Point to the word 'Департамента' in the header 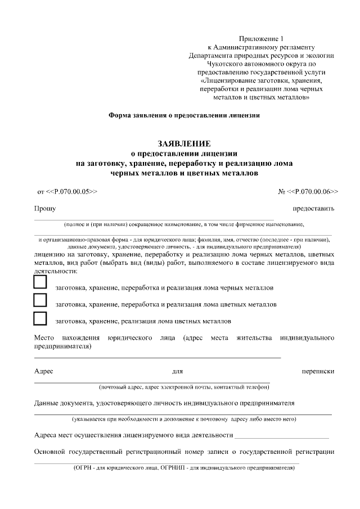point(211,55)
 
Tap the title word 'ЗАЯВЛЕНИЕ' point(183,143)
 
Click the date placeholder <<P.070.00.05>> point(72,191)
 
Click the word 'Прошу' point(44,209)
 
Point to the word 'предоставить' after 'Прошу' point(313,209)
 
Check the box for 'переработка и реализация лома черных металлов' point(40,282)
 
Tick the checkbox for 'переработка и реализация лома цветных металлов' point(40,300)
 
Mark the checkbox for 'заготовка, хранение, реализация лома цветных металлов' point(40,318)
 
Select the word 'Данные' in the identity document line point(47,403)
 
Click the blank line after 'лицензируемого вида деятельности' point(282,436)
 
